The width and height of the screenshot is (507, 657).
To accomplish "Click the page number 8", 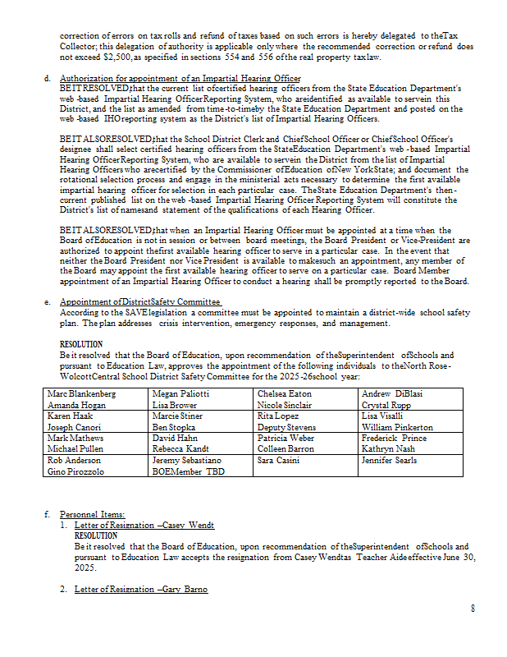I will (473, 608).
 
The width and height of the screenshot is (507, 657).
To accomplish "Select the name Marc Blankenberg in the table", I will (82, 394).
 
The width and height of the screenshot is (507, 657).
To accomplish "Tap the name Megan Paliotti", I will (182, 394).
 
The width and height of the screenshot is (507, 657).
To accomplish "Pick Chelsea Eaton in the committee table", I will (285, 394).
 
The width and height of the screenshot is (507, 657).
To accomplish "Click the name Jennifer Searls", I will (389, 461).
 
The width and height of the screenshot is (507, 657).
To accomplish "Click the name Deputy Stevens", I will (287, 428).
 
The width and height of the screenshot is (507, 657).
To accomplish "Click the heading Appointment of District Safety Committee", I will (129, 302).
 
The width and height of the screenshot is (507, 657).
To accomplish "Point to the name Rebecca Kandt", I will (180, 450).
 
